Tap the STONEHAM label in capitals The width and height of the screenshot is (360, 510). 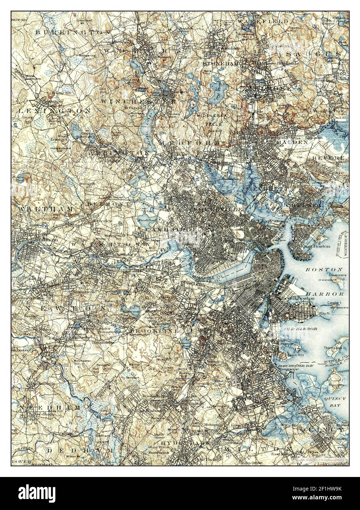[220, 63]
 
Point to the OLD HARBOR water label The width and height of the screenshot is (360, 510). [301, 329]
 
